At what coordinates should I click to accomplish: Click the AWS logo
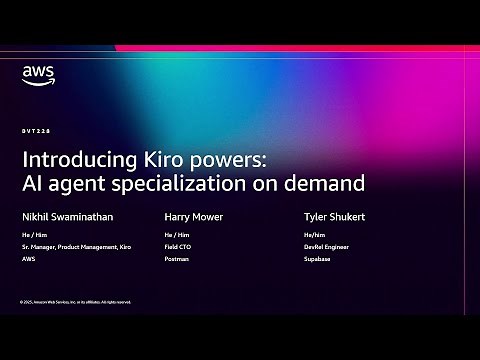coord(37,75)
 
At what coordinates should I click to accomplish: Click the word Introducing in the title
coord(74,159)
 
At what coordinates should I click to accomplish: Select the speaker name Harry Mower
coord(193,215)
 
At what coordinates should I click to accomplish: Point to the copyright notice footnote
coord(75,301)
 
